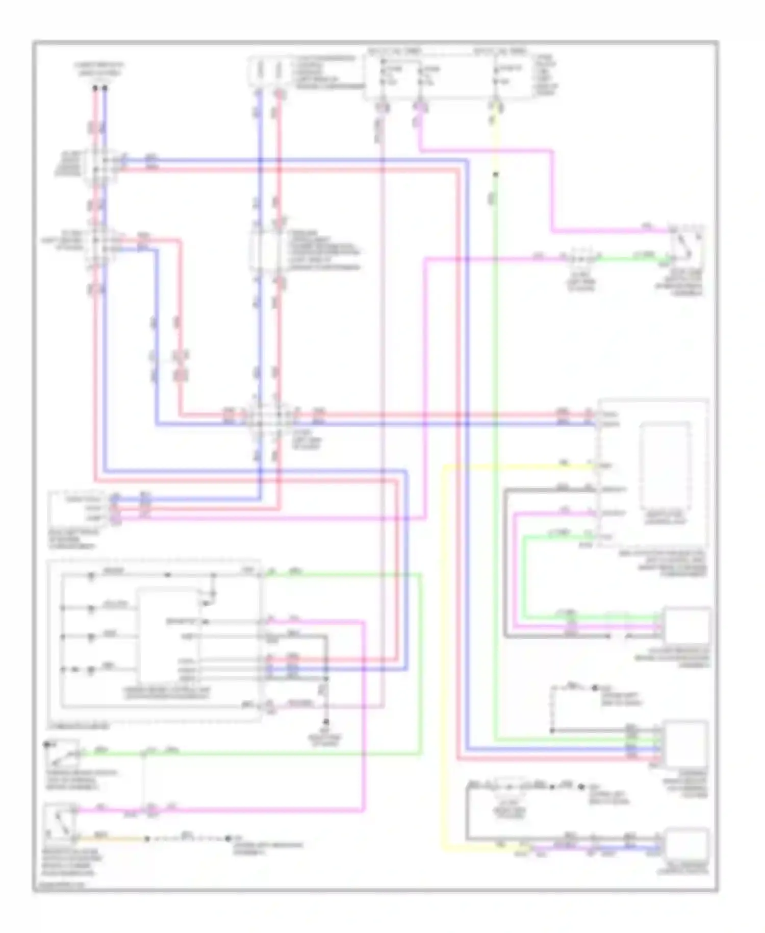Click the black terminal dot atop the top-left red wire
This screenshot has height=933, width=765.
[95, 88]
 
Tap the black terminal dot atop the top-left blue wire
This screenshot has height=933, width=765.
[105, 88]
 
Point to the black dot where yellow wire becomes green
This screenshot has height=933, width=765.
[495, 175]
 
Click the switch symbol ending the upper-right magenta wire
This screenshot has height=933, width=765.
[687, 244]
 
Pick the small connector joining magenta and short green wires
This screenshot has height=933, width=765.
[582, 258]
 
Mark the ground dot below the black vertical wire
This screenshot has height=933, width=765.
[326, 723]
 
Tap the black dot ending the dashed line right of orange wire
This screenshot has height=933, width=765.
[228, 839]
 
